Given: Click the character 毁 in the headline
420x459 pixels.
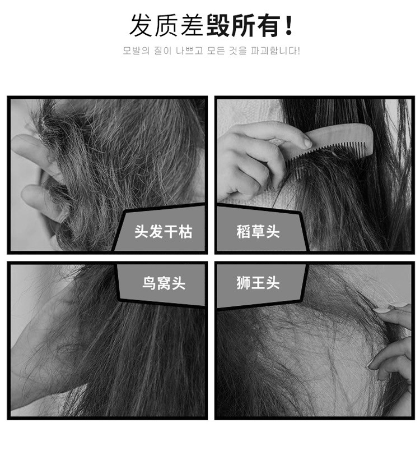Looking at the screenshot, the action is click(x=218, y=26).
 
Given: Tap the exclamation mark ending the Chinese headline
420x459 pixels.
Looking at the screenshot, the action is click(x=289, y=26).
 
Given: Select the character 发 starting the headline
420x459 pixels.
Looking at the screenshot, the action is click(x=141, y=26).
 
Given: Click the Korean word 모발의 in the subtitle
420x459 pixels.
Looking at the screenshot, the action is click(x=136, y=51).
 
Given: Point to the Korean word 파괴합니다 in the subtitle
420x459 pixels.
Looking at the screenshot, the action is click(x=273, y=51).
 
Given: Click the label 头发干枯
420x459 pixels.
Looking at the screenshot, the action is click(x=164, y=232).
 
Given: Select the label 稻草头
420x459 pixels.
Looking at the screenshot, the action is click(x=258, y=232).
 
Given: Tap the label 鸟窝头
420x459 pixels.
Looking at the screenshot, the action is click(x=164, y=283).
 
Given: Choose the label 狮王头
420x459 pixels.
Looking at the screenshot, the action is click(x=258, y=283).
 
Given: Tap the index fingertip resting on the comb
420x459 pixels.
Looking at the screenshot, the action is click(x=307, y=143).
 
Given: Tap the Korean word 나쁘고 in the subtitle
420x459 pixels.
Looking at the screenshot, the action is click(x=189, y=51).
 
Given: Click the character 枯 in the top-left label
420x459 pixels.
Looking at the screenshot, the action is click(x=185, y=232).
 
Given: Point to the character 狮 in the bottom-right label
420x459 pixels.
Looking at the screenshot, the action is click(x=244, y=283).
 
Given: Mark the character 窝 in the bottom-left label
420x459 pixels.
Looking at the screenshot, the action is click(x=164, y=283).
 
